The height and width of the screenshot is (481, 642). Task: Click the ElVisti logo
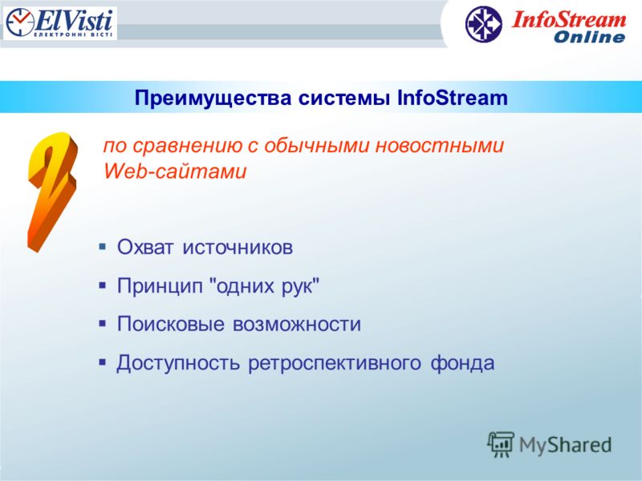click(x=59, y=23)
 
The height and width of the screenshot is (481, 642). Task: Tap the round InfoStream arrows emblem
click(x=484, y=24)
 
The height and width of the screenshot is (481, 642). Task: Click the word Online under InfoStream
click(x=589, y=37)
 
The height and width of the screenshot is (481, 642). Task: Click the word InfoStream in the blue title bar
click(x=453, y=98)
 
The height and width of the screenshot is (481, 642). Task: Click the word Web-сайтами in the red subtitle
click(x=175, y=171)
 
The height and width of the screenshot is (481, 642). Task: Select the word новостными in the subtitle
click(x=439, y=146)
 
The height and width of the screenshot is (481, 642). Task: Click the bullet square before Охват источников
click(x=103, y=247)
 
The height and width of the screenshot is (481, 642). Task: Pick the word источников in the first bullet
click(x=238, y=247)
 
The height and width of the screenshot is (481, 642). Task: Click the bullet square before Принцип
click(x=103, y=285)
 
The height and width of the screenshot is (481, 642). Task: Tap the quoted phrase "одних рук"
click(x=264, y=286)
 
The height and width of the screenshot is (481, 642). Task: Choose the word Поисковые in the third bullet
click(x=171, y=324)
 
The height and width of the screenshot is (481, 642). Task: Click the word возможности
click(x=297, y=325)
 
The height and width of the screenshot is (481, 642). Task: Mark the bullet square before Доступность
click(x=103, y=362)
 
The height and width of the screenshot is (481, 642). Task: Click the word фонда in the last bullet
click(x=462, y=363)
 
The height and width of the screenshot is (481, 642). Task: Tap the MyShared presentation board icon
click(x=500, y=444)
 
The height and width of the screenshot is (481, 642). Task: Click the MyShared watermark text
click(x=565, y=445)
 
